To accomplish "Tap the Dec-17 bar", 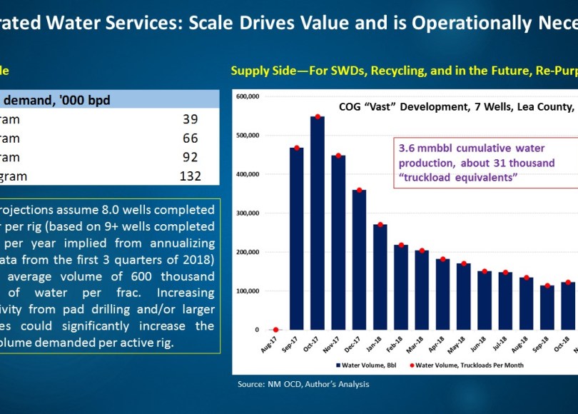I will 360,260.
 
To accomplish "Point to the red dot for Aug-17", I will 275,329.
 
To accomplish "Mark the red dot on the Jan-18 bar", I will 381,225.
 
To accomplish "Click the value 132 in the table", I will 190,176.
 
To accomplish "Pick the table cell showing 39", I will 190,119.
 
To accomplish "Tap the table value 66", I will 190,138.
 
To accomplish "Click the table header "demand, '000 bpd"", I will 60,100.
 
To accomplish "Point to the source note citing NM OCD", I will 303,384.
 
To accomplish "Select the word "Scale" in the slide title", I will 210,22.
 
